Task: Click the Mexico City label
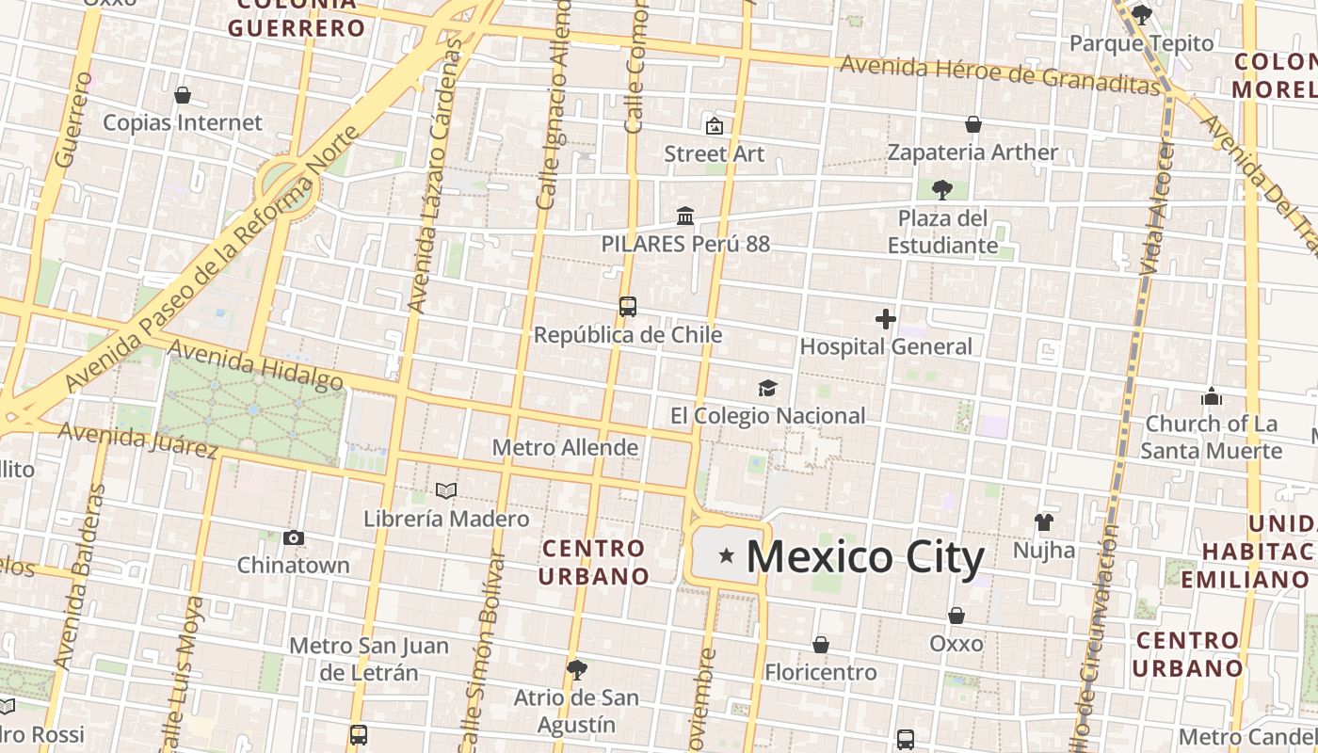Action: (x=865, y=556)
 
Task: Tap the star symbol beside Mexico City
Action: (x=727, y=556)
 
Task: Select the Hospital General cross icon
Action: (x=885, y=319)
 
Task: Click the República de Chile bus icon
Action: (x=628, y=307)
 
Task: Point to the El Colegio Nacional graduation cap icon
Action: (x=768, y=388)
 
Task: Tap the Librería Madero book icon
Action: (x=446, y=490)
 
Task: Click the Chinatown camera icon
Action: (x=294, y=537)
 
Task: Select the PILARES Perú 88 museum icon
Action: (x=685, y=216)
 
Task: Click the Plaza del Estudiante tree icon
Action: (x=941, y=190)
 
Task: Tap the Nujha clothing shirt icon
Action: (x=1043, y=521)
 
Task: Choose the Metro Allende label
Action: (x=565, y=448)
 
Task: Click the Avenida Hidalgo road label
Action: (x=256, y=365)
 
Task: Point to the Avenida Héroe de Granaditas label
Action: (x=1000, y=74)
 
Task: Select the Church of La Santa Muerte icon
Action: (x=1212, y=396)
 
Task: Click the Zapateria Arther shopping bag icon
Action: (x=973, y=124)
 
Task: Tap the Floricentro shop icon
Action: (x=821, y=645)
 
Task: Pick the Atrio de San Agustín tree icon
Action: (x=577, y=670)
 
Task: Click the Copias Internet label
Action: (x=183, y=122)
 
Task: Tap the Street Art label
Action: (x=715, y=153)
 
